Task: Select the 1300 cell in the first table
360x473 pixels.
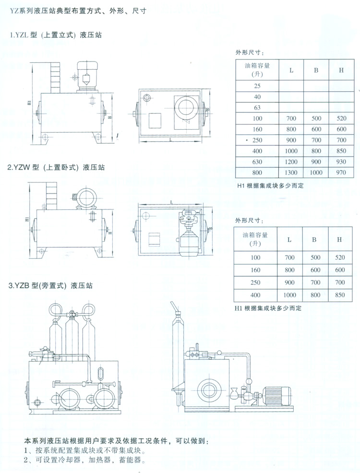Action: [291, 172]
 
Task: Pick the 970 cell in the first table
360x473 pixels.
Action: [341, 172]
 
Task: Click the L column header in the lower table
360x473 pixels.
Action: [289, 239]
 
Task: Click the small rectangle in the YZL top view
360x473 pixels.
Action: [155, 120]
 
